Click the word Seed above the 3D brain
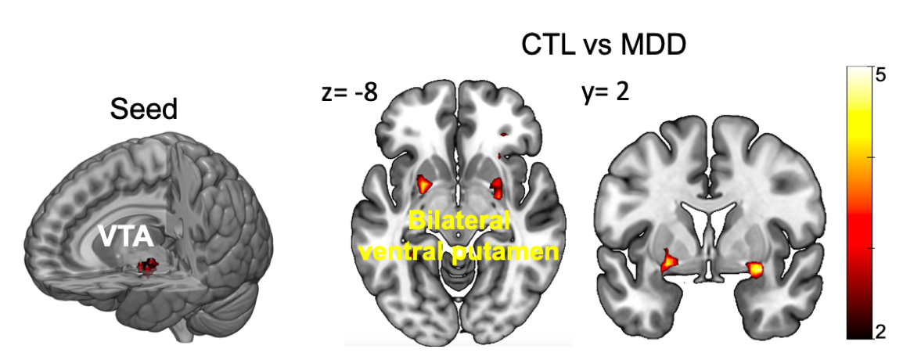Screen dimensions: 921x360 (144, 109)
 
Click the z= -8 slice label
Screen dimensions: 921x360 (349, 92)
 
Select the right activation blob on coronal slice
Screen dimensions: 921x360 (755, 269)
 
